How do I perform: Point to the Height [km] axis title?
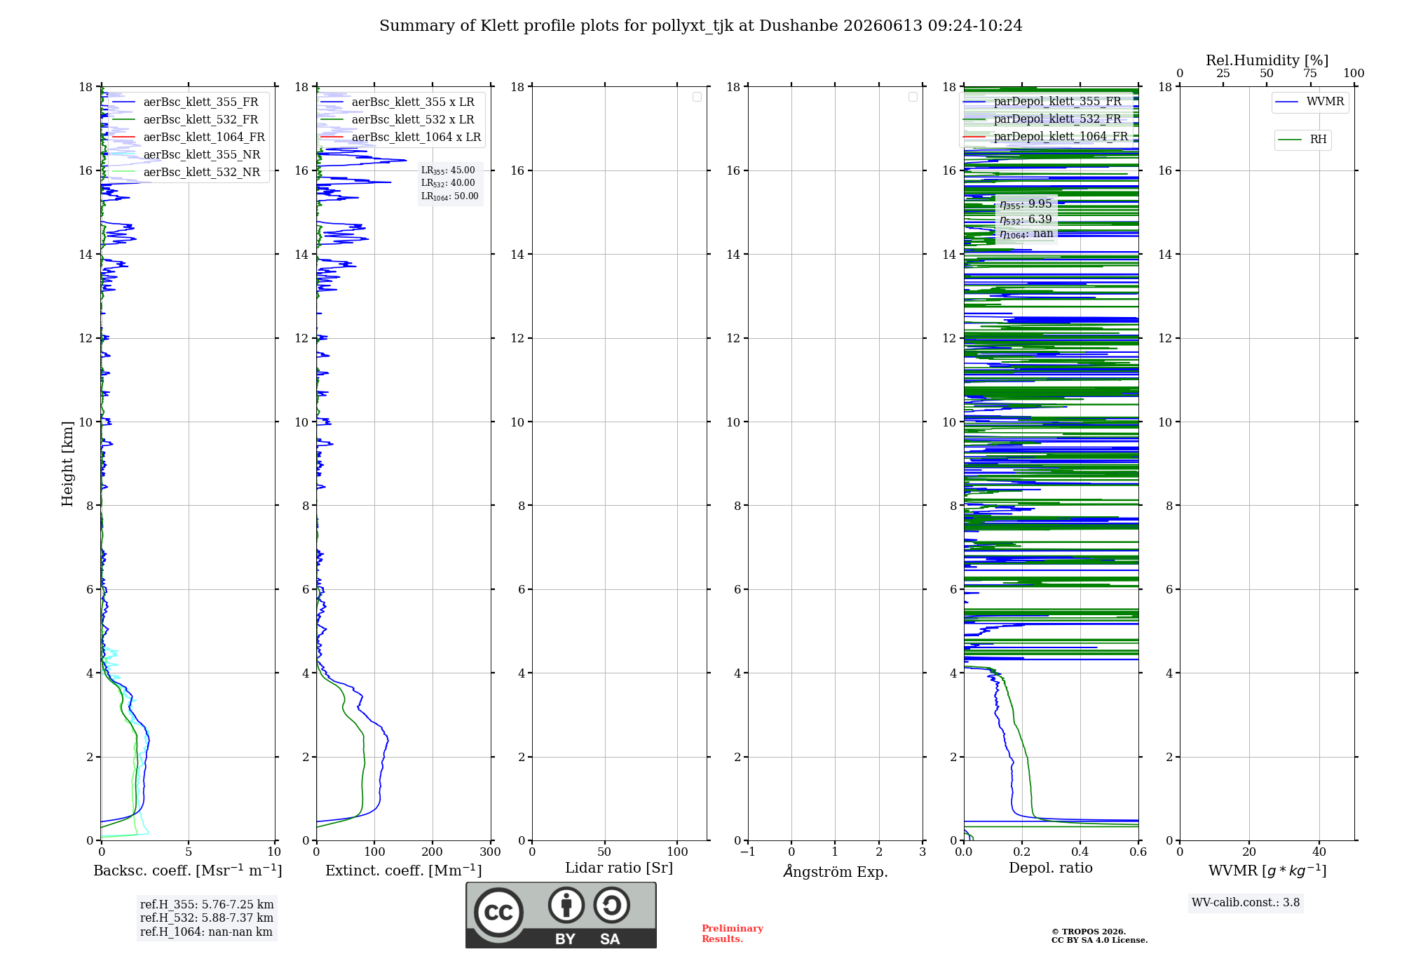tap(67, 464)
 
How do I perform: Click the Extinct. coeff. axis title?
tap(404, 871)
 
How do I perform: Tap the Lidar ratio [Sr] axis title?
tap(619, 868)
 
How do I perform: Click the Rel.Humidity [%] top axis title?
tap(1267, 60)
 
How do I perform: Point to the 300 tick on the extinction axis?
tap(491, 852)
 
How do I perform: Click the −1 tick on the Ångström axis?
tap(748, 852)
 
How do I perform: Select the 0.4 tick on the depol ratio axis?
tap(1080, 852)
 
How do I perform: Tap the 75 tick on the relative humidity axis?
tap(1310, 73)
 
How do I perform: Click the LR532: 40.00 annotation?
tap(448, 183)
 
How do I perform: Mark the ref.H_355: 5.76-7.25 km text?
tap(207, 905)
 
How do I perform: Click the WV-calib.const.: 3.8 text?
tap(1246, 903)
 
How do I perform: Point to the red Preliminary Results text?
tap(733, 934)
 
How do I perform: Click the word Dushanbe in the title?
tap(798, 26)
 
